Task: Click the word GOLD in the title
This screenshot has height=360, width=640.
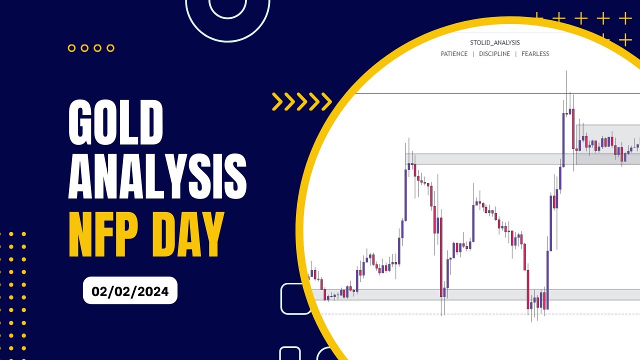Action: tap(116, 122)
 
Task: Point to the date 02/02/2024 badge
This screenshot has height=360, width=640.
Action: tap(130, 290)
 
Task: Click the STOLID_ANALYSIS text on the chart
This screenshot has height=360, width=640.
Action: tap(495, 42)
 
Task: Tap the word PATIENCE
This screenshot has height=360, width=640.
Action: tap(454, 54)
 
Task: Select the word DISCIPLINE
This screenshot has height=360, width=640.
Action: tap(494, 54)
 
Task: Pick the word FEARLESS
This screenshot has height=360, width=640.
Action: tap(535, 54)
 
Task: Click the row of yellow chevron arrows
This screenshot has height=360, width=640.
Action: tap(301, 101)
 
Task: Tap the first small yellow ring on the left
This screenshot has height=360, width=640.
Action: tap(71, 48)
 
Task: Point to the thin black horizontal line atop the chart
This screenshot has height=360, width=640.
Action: tap(450, 93)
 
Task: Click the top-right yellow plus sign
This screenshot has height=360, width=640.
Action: tap(625, 19)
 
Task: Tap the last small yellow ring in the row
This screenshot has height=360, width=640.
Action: tap(110, 48)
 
